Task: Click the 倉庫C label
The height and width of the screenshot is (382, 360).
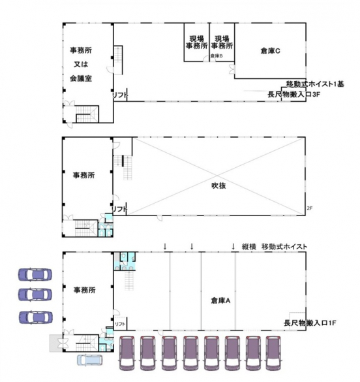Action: (269, 50)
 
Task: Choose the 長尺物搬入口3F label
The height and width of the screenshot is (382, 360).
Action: (293, 94)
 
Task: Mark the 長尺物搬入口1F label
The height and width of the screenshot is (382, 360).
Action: (309, 323)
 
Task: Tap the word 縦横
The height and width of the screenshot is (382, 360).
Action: (248, 246)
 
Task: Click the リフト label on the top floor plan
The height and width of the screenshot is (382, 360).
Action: (119, 96)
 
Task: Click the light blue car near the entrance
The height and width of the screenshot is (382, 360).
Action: (90, 360)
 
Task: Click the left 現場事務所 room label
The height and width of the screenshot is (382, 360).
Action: (195, 43)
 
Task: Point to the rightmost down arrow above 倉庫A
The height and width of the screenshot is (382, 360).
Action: (233, 246)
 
